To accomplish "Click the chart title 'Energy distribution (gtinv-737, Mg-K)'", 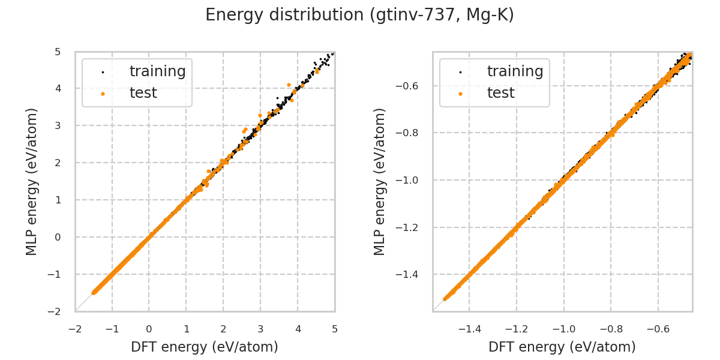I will pos(359,15).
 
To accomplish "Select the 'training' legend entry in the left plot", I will pos(157,71).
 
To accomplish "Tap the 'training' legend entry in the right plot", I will pos(515,71).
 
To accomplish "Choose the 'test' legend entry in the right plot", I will pos(500,93).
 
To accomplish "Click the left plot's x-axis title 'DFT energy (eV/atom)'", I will pos(205,347).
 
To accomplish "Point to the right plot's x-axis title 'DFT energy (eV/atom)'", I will pos(562,347).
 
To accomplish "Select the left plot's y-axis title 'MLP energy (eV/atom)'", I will pos(32,181).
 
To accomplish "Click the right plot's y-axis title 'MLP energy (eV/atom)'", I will pos(380,181).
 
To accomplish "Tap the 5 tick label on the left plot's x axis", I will pos(335,329).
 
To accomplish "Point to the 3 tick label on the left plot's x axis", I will pos(260,329).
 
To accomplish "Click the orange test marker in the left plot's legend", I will pos(103,94).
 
